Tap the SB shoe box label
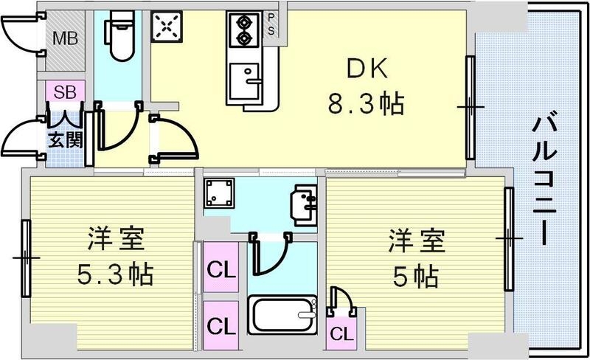coord(65,93)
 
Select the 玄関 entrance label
coord(65,139)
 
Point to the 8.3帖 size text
coord(367,105)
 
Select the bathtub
coord(283,316)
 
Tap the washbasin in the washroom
coord(302,204)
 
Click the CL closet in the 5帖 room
coord(340,333)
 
